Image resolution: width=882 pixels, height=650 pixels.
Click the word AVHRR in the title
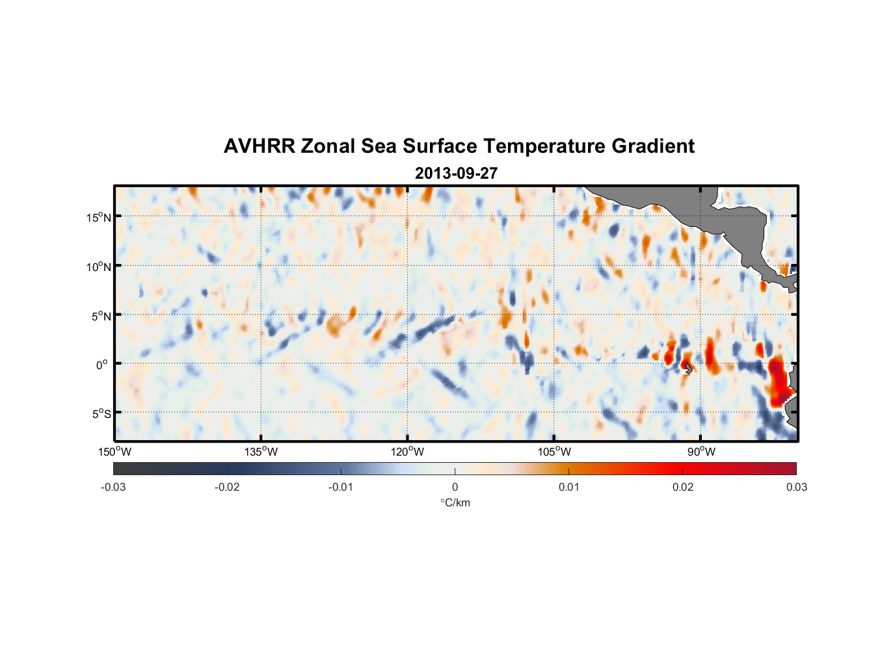259,146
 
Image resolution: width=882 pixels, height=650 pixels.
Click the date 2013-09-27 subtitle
456,174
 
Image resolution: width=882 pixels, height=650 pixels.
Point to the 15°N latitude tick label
99,217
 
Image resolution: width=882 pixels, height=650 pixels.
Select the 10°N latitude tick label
99,266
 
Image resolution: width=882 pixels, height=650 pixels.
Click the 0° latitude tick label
102,365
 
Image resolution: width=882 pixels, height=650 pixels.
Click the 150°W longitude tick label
114,452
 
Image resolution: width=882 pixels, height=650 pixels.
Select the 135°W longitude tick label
261,452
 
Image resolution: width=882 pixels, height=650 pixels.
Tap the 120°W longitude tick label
407,452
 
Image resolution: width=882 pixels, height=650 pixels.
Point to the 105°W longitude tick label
554,452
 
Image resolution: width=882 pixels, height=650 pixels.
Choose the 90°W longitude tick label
701,452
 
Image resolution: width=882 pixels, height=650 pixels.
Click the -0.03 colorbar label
113,487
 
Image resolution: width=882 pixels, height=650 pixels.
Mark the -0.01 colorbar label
341,487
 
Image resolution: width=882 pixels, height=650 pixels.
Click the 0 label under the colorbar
455,487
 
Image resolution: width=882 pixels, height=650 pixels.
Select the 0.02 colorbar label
683,487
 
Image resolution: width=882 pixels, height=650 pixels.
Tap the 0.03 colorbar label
796,487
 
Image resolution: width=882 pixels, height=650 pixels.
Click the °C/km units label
455,502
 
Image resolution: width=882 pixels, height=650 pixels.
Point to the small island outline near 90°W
689,369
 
